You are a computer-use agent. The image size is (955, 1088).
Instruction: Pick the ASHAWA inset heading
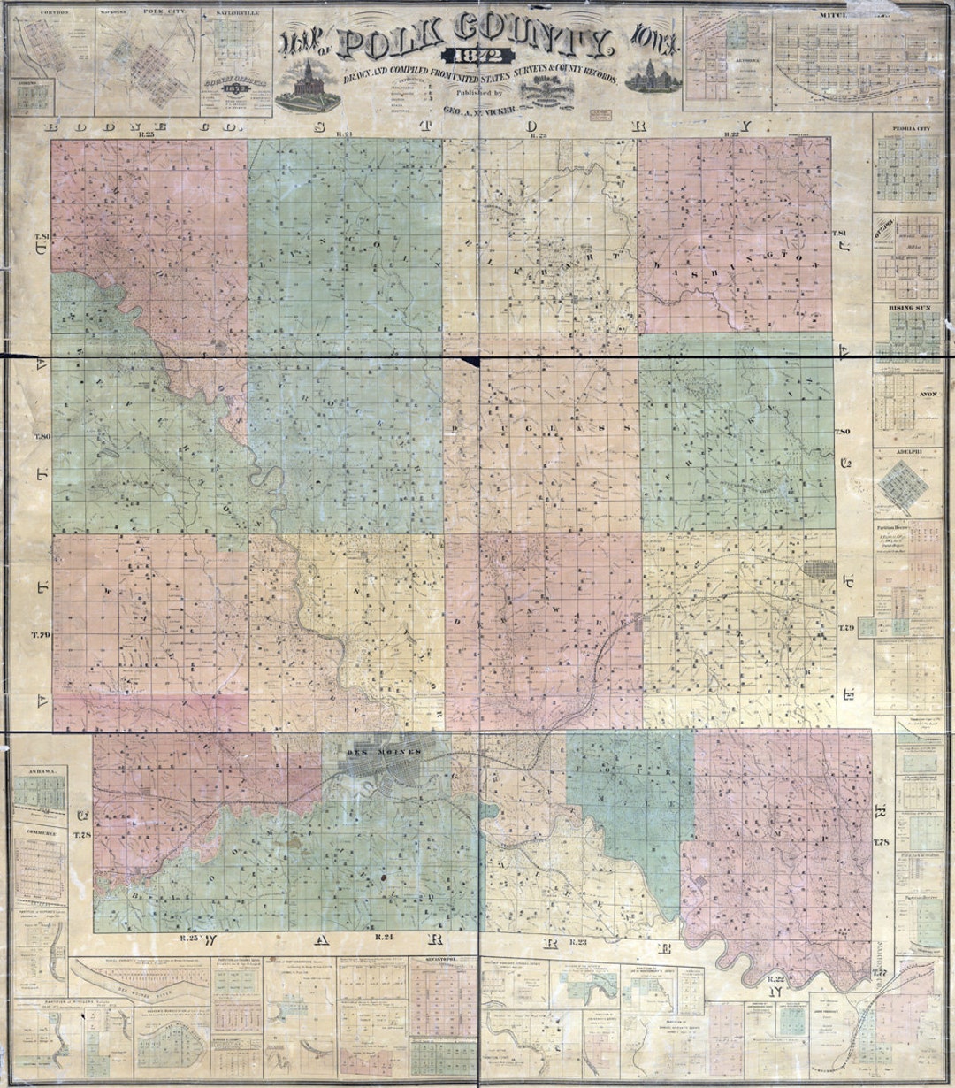[41, 771]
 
